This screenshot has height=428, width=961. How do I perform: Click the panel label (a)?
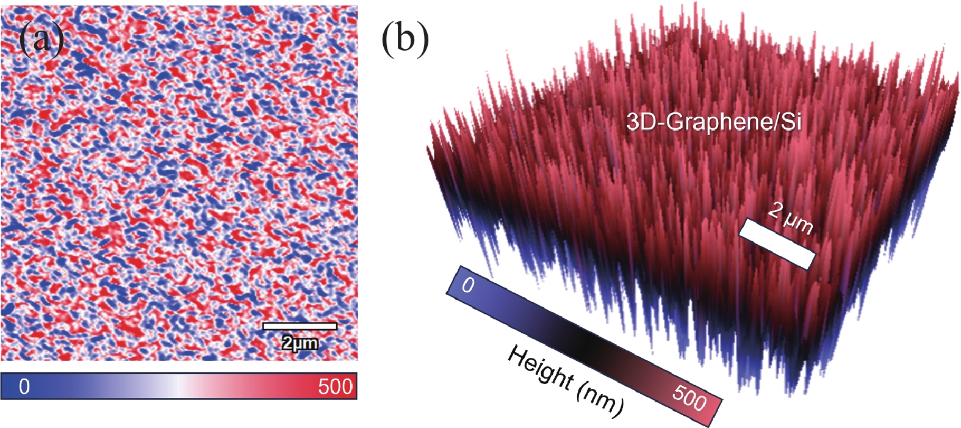click(x=41, y=40)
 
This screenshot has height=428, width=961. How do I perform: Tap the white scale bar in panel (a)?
click(x=300, y=326)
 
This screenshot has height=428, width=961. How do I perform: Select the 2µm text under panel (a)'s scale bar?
click(x=300, y=343)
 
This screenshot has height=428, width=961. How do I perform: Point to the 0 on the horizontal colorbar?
click(x=24, y=387)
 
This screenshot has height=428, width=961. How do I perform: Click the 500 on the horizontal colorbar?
click(x=335, y=387)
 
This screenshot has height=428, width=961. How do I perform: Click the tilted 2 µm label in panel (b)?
click(x=791, y=218)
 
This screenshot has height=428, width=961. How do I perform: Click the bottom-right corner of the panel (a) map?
click(x=356, y=360)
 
